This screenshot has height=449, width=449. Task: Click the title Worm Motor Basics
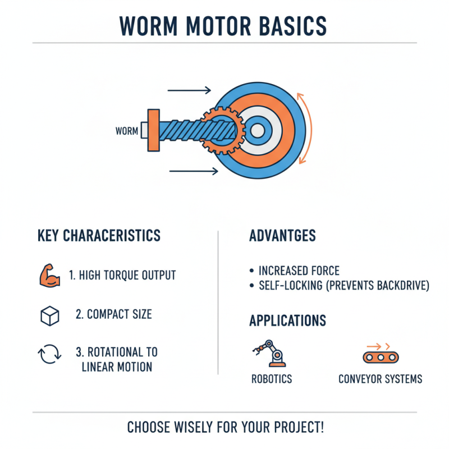pos(224,26)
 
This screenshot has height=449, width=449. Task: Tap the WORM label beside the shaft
pos(126,131)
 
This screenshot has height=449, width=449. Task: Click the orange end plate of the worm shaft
pos(153,130)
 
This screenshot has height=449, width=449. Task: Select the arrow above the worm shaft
pos(189,90)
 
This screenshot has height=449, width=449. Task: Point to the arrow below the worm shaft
pos(193,171)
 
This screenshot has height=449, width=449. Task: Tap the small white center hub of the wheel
pos(257,131)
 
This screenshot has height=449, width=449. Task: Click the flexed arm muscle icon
pos(49,276)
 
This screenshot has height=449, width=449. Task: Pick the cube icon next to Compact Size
pos(50,316)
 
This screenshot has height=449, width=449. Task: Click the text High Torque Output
pos(122,276)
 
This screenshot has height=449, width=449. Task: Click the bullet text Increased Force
pos(299,271)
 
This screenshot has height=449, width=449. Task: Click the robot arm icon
pos(269,353)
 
